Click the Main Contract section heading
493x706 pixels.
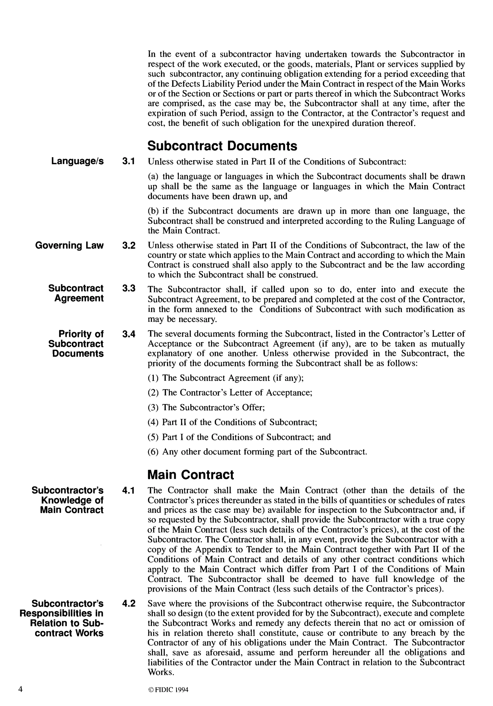pyautogui.click(x=191, y=475)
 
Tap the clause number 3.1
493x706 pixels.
pyautogui.click(x=129, y=161)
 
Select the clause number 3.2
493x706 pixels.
pyautogui.click(x=129, y=245)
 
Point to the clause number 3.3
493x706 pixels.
pyautogui.click(x=129, y=288)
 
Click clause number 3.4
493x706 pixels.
pyautogui.click(x=129, y=334)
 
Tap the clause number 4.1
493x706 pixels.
pyautogui.click(x=129, y=490)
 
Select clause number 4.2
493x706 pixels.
pyautogui.click(x=129, y=604)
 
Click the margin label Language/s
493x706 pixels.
pyautogui.click(x=78, y=161)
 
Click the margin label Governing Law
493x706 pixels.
pyautogui.click(x=70, y=245)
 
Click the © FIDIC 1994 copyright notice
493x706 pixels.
pyautogui.click(x=168, y=690)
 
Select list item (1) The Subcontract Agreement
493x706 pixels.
pyautogui.click(x=226, y=378)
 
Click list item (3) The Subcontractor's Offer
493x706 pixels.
pyautogui.click(x=206, y=407)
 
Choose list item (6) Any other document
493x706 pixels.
pyautogui.click(x=257, y=452)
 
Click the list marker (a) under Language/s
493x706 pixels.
pyautogui.click(x=153, y=176)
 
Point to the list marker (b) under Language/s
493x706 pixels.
pyautogui.click(x=153, y=211)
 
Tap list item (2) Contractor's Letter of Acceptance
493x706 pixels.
pyautogui.click(x=230, y=393)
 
